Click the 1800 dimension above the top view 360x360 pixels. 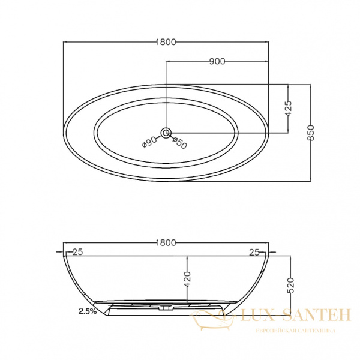pyautogui.click(x=166, y=42)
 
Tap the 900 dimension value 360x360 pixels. pyautogui.click(x=217, y=61)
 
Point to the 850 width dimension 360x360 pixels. pyautogui.click(x=310, y=133)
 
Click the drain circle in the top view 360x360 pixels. pyautogui.click(x=166, y=133)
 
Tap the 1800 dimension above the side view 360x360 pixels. pyautogui.click(x=166, y=242)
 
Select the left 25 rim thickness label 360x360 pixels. pyautogui.click(x=77, y=252)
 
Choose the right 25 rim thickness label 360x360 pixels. pyautogui.click(x=254, y=253)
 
